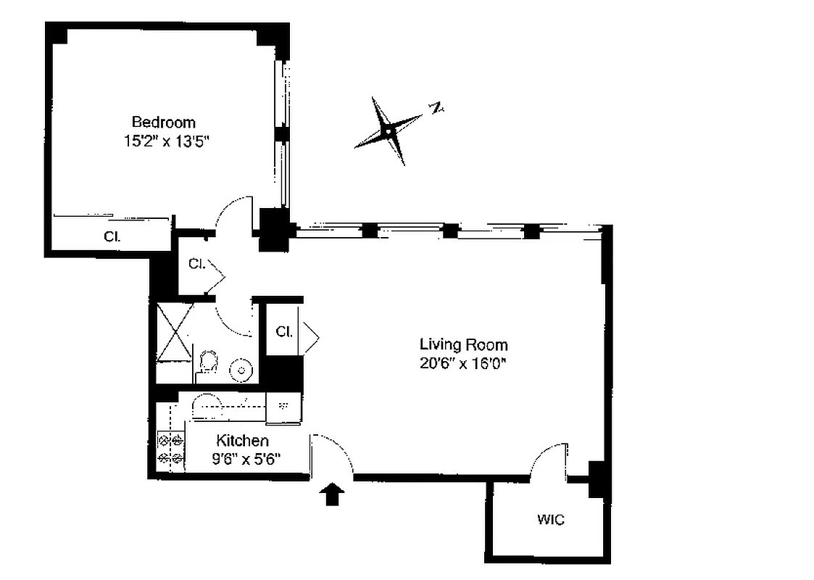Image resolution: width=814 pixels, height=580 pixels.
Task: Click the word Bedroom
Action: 163,123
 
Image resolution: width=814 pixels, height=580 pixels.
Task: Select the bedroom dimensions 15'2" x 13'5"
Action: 166,141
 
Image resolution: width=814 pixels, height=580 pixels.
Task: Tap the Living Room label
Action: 464,345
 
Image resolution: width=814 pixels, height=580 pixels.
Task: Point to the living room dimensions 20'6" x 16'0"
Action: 462,364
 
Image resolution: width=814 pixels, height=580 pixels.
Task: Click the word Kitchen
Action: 242,441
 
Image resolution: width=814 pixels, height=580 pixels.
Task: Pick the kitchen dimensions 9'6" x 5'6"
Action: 246,458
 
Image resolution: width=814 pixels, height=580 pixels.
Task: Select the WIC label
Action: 550,520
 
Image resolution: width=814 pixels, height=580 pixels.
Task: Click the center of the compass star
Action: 389,131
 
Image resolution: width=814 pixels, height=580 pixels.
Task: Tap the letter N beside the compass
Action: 436,109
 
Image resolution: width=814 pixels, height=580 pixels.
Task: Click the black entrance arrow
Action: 332,494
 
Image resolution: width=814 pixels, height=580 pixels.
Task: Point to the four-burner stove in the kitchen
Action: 170,449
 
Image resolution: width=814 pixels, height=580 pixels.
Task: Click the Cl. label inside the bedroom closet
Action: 111,236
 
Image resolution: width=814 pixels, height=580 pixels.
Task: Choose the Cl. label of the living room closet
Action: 283,332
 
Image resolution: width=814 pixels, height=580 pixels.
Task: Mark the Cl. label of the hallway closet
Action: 196,265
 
